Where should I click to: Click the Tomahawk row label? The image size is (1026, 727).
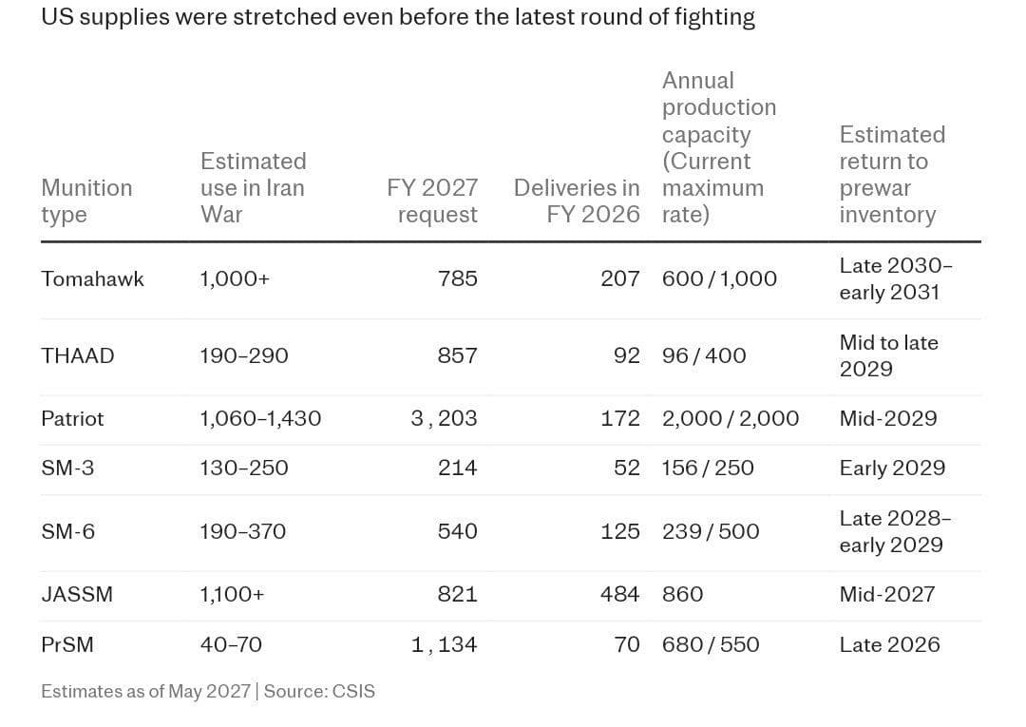92,278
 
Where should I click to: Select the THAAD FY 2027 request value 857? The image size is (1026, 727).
457,355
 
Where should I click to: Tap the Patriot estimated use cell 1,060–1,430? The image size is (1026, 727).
260,419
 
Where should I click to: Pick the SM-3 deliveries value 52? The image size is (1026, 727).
626,468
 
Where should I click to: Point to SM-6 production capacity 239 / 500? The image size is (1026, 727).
711,530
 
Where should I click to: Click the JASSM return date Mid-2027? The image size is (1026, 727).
887,594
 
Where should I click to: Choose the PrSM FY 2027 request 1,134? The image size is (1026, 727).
445,644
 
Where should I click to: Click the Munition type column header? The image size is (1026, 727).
87,201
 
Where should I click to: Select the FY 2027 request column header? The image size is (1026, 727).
432,201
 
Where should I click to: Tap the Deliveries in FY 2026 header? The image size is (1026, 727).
577,201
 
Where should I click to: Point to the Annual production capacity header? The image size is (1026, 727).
719,147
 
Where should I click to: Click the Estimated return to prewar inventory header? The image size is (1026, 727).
892,174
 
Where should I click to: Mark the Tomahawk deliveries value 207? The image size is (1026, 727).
619,278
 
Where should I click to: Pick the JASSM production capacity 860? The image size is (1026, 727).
682,594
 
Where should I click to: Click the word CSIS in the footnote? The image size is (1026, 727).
354,692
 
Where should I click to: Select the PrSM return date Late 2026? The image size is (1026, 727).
890,644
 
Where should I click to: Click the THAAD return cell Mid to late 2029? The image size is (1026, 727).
888,355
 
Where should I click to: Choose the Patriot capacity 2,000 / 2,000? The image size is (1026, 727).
731,419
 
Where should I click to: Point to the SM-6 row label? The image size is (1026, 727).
68,530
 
